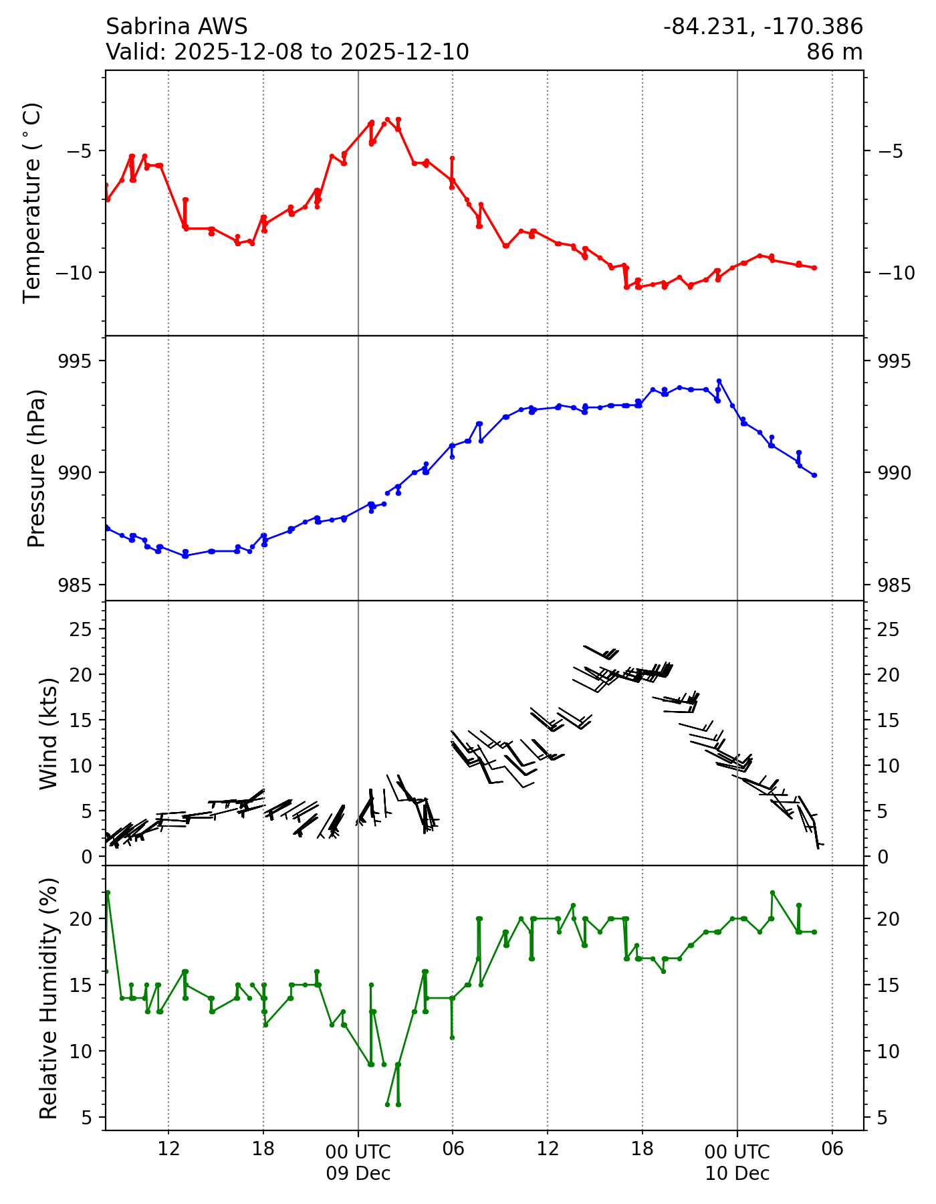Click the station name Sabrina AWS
177,27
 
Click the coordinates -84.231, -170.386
763,27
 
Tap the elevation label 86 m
834,52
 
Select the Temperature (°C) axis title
33,203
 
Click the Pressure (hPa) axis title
37,468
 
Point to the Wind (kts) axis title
48,733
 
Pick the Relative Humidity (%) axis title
48,998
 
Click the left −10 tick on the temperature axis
79,272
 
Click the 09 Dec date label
358,1173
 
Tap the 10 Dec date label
737,1173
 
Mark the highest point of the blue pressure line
719,381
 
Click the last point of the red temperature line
814,268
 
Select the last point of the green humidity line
814,932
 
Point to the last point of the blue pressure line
814,475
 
